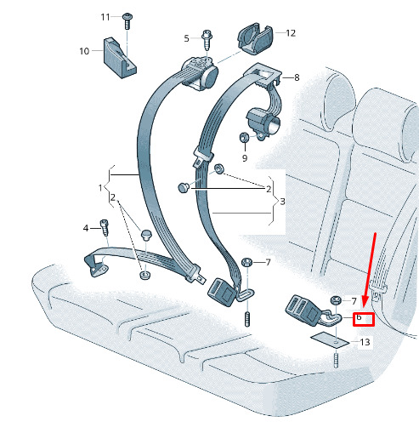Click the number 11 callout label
(x=105, y=17)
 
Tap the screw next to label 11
(x=127, y=20)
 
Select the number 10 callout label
(x=84, y=51)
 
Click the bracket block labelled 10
(x=119, y=58)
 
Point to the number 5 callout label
(x=186, y=38)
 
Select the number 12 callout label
(x=291, y=33)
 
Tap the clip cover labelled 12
(x=256, y=38)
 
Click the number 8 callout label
(x=297, y=77)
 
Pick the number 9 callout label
(x=245, y=158)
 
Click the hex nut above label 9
(x=244, y=138)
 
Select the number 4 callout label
(x=86, y=228)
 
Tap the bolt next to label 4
(x=105, y=228)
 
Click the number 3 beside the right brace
(x=282, y=202)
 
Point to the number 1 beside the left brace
(x=100, y=188)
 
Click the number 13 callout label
(x=365, y=342)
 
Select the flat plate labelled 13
(x=330, y=340)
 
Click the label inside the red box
(x=359, y=317)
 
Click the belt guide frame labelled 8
(x=262, y=74)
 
